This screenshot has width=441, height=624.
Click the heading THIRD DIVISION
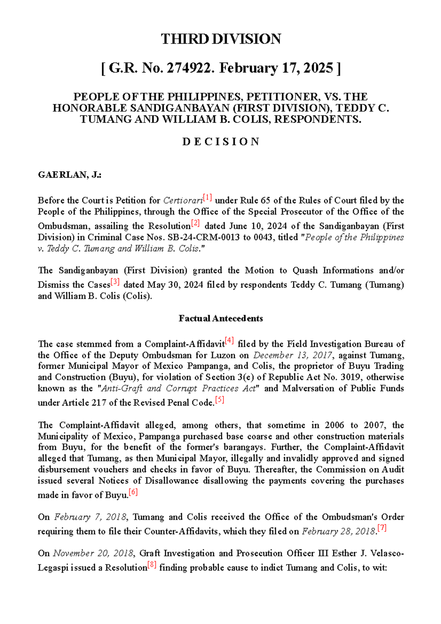pyautogui.click(x=221, y=39)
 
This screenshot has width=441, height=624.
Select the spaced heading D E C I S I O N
pyautogui.click(x=221, y=142)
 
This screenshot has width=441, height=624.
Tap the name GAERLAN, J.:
pyautogui.click(x=70, y=175)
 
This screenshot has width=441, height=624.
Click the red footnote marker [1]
pyautogui.click(x=207, y=198)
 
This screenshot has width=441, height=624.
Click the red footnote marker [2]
pyautogui.click(x=195, y=223)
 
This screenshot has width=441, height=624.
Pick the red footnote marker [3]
pyautogui.click(x=115, y=282)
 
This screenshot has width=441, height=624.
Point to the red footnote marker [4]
pyautogui.click(x=229, y=341)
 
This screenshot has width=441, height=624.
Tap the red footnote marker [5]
pyautogui.click(x=219, y=400)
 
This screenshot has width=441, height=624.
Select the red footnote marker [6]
pyautogui.click(x=133, y=492)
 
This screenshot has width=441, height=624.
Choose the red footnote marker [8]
pyautogui.click(x=152, y=565)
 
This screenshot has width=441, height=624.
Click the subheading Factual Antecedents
pyautogui.click(x=221, y=319)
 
